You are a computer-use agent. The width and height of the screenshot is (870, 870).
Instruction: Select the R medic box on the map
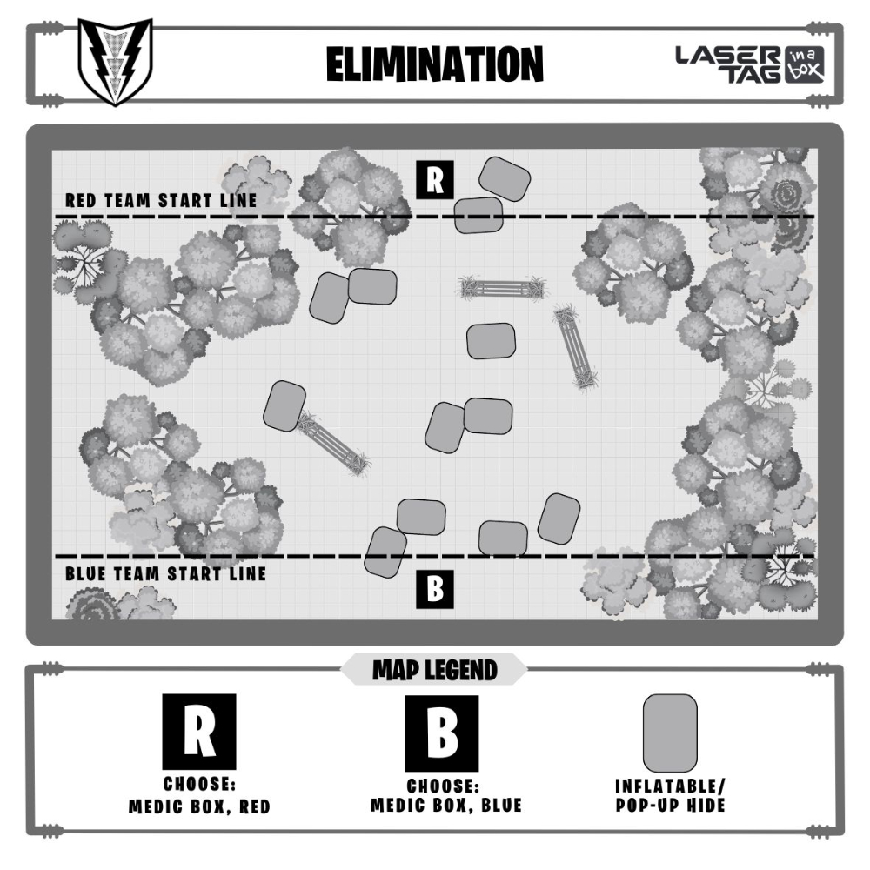point(435,179)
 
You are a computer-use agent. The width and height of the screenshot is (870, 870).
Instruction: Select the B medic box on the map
point(435,589)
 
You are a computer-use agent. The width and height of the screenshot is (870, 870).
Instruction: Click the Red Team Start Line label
point(161,200)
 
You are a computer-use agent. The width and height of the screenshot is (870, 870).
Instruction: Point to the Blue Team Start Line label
point(165,574)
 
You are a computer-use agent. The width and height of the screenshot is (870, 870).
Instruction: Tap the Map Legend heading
point(434,670)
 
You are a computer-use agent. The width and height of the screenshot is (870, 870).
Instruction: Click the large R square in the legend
point(199,730)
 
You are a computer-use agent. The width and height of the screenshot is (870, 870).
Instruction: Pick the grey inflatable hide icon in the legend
point(669,733)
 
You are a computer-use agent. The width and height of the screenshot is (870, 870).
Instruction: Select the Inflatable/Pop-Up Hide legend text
point(669,795)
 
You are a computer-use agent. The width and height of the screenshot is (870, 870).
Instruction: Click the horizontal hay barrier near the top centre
point(503,287)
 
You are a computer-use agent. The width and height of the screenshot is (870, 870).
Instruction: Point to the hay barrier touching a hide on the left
point(333,444)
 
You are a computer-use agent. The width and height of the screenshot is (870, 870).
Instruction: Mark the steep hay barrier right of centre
point(576,346)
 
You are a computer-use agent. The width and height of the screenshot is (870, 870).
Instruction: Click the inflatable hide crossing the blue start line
point(385,552)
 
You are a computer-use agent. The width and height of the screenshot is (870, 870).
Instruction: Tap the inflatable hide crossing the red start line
point(478,215)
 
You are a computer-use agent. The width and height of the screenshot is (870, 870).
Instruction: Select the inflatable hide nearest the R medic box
point(505,177)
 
